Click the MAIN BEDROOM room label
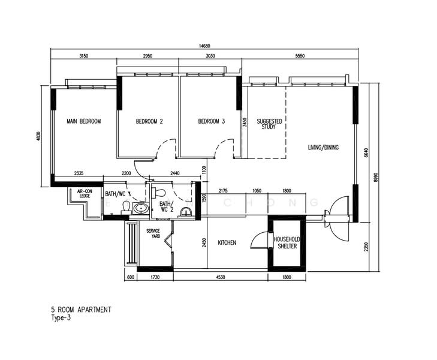(x=83, y=122)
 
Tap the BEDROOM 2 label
(x=149, y=122)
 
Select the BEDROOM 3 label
(x=211, y=122)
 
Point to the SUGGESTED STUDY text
(x=269, y=124)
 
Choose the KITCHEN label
(x=227, y=243)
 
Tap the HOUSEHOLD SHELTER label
(x=286, y=243)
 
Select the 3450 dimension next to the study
(x=244, y=123)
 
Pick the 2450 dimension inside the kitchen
(x=204, y=243)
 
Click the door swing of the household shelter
(x=257, y=240)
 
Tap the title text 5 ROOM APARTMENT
(x=81, y=310)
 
